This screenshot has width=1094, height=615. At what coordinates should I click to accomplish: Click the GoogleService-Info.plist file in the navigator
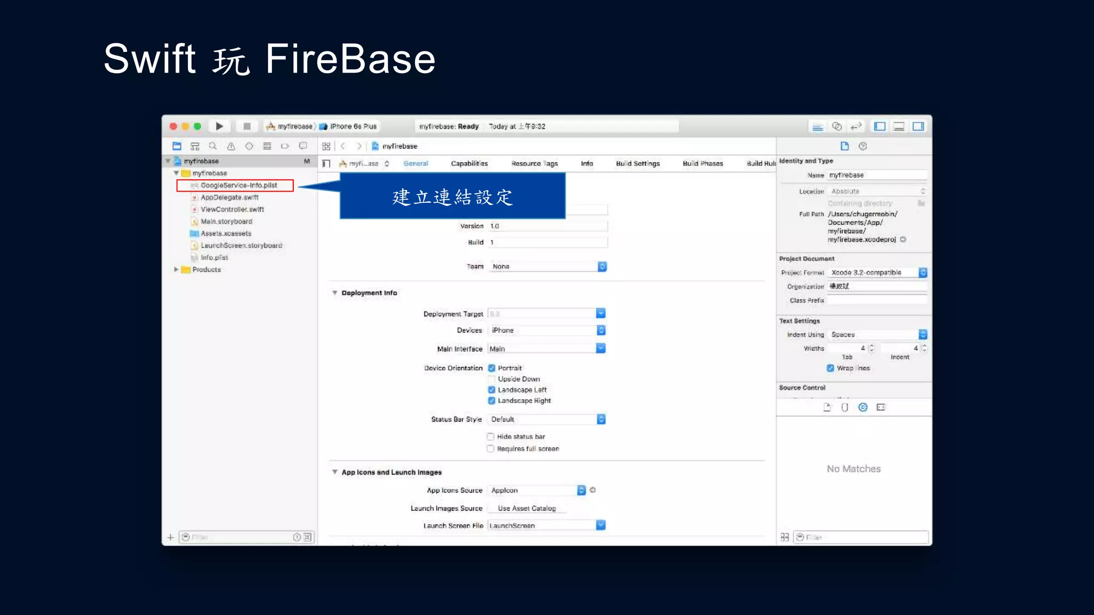coord(238,185)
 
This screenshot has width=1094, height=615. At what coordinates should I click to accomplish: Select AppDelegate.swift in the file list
coord(229,198)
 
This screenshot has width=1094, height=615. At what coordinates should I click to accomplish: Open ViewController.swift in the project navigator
coord(232,209)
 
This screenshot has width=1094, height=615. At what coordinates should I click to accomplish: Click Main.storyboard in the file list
coord(226,222)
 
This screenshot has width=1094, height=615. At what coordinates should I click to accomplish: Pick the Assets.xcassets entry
coord(225,233)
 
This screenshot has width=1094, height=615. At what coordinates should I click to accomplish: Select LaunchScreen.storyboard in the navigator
coord(241,246)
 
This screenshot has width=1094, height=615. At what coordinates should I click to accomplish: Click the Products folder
coord(206,270)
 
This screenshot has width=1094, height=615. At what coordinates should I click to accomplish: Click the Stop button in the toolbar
coord(247,127)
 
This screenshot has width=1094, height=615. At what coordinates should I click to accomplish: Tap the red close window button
coord(174,127)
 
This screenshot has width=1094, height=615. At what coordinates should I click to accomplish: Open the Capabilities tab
coord(469,164)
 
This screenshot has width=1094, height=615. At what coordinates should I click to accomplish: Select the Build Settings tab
coord(638,164)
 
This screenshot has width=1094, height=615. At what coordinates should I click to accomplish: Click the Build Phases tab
coord(702,164)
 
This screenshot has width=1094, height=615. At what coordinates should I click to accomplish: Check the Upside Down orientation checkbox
coord(491,379)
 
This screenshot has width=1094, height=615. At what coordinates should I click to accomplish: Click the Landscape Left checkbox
coord(491,390)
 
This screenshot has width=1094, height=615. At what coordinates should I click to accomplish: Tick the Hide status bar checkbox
coord(490,437)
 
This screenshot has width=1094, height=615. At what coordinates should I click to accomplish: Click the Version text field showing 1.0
coord(548,226)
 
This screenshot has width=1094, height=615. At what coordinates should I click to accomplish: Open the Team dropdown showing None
coord(548,266)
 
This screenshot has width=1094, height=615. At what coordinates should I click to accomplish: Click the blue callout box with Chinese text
coord(452,196)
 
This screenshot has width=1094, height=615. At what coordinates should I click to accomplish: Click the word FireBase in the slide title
coord(350,59)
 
